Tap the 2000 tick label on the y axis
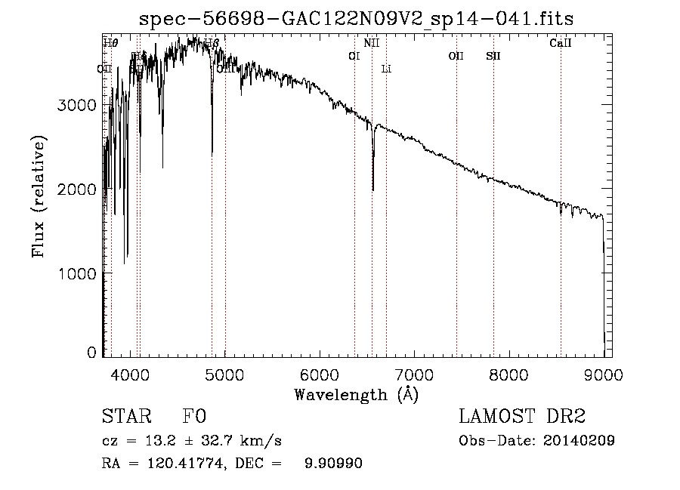(x=76, y=189)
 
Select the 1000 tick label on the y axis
(x=76, y=273)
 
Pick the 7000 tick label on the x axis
(x=414, y=373)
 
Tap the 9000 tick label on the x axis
(x=602, y=373)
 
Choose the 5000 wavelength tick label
(x=225, y=373)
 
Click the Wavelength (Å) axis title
(x=356, y=393)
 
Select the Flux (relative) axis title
(x=38, y=197)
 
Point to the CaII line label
(x=560, y=44)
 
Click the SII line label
(x=493, y=56)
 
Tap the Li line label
(x=386, y=69)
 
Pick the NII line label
(x=371, y=44)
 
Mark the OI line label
(x=354, y=56)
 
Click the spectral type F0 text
(x=194, y=417)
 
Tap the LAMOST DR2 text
(x=522, y=417)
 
